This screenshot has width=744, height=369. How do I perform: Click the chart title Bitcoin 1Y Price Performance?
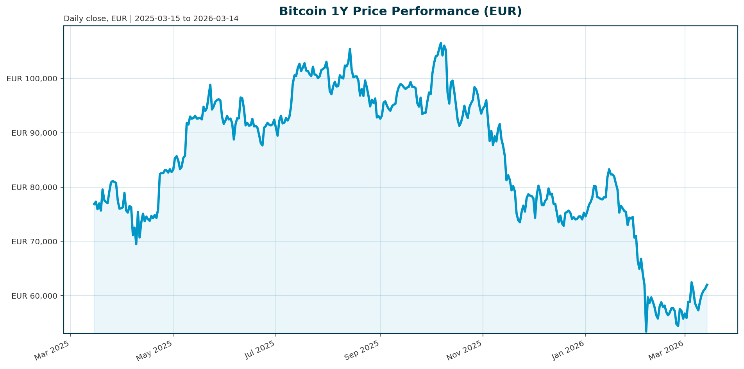pos(400,11)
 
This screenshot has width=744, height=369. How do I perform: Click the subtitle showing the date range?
pos(151,19)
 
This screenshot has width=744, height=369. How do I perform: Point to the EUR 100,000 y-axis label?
pos(32,79)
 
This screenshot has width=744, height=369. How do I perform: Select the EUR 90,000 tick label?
pos(34,133)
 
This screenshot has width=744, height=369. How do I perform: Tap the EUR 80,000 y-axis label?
pos(34,187)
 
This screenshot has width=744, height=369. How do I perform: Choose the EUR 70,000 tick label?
pos(34,242)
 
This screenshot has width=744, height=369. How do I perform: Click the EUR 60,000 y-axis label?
pos(34,296)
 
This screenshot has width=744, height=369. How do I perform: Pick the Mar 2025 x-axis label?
pos(52,350)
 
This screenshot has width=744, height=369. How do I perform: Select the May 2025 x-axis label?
pos(154,350)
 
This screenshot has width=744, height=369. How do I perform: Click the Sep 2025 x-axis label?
pos(362,350)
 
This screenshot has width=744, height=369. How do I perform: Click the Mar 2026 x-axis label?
pos(666,350)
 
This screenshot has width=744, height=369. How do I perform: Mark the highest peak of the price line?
pos(441,43)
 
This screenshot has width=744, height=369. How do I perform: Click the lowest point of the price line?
pos(646,331)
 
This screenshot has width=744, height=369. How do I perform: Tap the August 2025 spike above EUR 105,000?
pos(350,49)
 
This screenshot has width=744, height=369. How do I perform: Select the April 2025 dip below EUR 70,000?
pos(136,244)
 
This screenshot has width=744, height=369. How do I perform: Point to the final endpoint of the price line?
pos(707,284)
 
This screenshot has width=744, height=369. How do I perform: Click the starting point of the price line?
pos(94,204)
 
